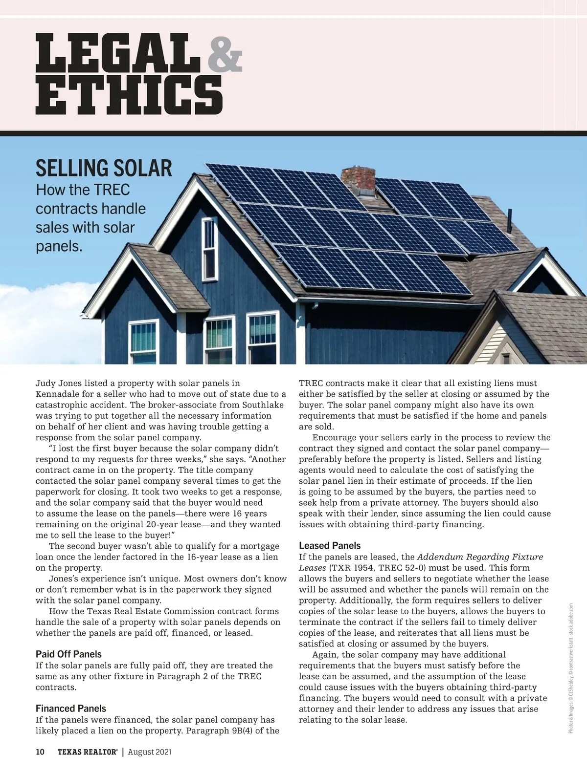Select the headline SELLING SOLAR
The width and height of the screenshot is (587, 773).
coord(104,168)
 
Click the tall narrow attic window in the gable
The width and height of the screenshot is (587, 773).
coord(209,242)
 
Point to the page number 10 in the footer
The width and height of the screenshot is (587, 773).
coord(40,752)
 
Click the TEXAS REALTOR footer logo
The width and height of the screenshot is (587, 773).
coord(87,752)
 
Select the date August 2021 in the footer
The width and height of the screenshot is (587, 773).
coord(150,752)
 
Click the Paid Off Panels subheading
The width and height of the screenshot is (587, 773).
coord(68,654)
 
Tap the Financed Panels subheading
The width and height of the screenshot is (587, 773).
coord(71,709)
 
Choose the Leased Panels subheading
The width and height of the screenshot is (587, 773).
coord(330,546)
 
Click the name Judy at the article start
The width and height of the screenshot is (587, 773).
coord(45,384)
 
